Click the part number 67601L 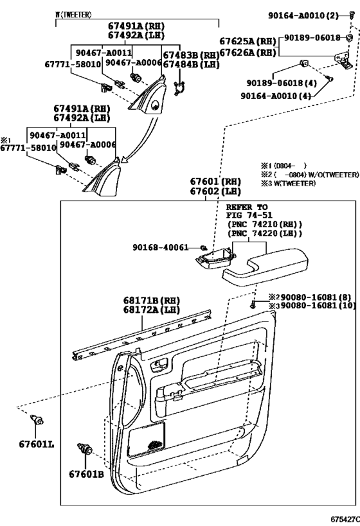tap(36, 444)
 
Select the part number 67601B tap(86, 475)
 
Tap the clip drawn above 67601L tap(37, 419)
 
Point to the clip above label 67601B tap(85, 448)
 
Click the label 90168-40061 tap(160, 247)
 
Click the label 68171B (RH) tap(152, 300)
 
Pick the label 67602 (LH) tap(215, 191)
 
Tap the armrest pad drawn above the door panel tap(265, 266)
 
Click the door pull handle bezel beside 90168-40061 tap(215, 259)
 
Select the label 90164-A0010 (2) tap(303, 15)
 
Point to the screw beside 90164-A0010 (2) tap(352, 15)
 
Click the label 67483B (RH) tap(191, 55)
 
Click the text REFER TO tap(247, 207)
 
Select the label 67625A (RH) tap(248, 41)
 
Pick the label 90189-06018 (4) tap(282, 83)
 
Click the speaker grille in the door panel tap(147, 439)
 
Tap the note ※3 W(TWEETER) tap(288, 184)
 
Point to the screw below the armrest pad tap(253, 305)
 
